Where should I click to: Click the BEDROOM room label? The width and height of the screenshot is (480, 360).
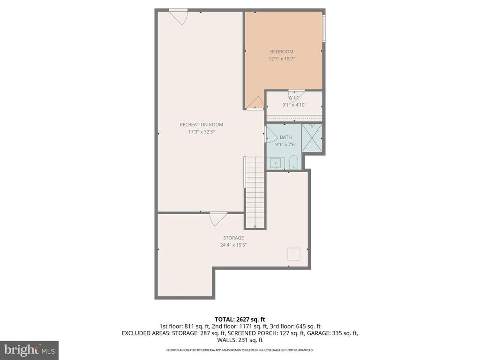(281, 52)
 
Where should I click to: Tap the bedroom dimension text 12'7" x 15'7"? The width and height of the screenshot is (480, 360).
(281, 59)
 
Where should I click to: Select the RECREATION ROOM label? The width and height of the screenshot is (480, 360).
(202, 125)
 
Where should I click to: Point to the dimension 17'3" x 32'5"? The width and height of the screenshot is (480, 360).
(202, 132)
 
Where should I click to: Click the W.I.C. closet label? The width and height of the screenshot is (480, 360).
(294, 98)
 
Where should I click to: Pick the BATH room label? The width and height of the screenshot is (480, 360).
(285, 137)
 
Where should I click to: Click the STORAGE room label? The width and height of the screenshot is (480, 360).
(233, 238)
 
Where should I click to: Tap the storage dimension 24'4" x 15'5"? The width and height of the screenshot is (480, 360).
(233, 245)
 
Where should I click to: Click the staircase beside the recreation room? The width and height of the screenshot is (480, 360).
(255, 192)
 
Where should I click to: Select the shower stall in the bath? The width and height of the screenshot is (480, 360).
(312, 138)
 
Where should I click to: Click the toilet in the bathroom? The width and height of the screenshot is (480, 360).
(294, 162)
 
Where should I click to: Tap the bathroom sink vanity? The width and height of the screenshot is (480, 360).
(275, 164)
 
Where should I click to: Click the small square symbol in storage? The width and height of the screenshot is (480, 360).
(294, 254)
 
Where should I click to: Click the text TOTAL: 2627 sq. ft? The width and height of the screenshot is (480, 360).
(240, 319)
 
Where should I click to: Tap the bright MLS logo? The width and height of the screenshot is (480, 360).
(29, 350)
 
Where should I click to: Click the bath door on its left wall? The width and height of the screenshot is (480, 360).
(271, 136)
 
